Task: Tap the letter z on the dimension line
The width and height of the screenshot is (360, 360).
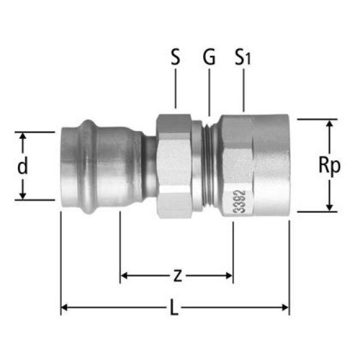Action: point(177,276)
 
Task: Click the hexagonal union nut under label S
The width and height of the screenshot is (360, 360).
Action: point(175,166)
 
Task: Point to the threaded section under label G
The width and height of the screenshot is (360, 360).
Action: point(209,166)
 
